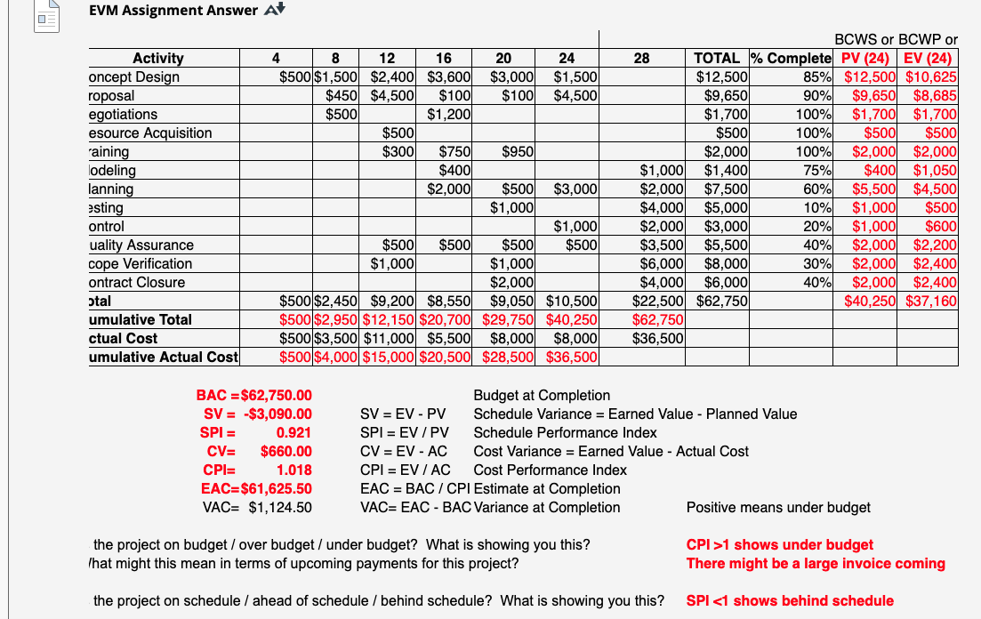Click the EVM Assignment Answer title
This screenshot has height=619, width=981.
173,11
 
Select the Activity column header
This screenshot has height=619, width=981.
157,59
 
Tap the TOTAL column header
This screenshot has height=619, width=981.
721,59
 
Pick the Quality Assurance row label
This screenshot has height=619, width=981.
141,245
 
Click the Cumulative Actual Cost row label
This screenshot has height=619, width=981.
164,357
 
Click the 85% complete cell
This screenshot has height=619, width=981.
817,77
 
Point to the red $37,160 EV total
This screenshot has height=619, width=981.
931,301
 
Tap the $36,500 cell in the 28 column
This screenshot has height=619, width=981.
658,339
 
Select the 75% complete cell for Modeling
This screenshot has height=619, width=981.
817,170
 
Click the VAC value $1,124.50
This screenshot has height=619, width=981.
280,508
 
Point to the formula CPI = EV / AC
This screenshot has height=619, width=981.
405,470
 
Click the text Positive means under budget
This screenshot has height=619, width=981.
778,508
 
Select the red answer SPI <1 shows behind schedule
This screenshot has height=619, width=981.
790,601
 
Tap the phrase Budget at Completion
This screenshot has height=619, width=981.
542,396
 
